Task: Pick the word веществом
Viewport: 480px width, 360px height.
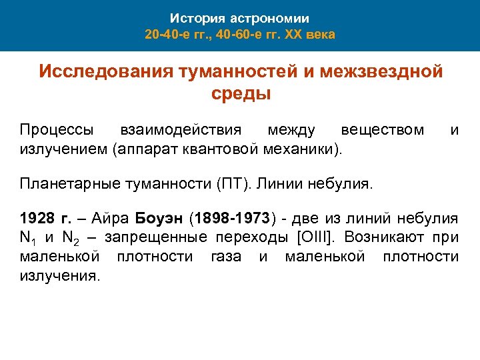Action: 382,129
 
